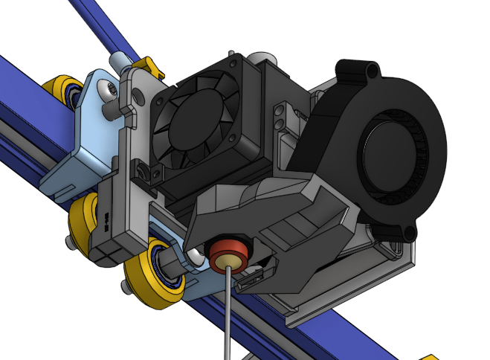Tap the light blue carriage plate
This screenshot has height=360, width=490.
82,149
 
